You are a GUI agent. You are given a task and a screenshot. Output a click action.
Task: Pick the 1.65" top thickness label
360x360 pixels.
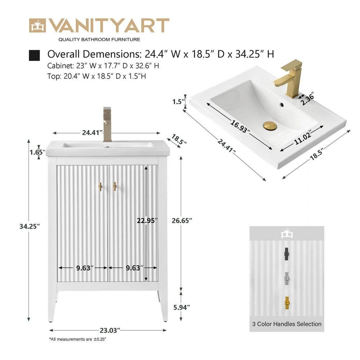(x=37, y=152)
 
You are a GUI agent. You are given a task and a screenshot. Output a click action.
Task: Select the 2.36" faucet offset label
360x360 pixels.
(x=308, y=98)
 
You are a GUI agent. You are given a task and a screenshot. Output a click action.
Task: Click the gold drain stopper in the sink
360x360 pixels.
(x=270, y=126)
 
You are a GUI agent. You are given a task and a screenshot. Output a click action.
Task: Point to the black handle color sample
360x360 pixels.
(x=287, y=253)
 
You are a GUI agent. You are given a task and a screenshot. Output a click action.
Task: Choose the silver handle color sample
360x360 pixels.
(x=287, y=278)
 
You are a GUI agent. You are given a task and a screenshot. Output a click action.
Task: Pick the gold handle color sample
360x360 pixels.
(x=287, y=303)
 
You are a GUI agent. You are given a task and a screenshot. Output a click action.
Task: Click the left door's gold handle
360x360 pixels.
(x=101, y=186)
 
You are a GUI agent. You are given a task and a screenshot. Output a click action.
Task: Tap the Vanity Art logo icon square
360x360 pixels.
(x=37, y=26)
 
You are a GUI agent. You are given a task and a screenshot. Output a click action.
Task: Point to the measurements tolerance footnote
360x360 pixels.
(x=78, y=339)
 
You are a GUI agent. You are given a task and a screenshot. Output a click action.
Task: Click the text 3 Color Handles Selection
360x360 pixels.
(x=287, y=324)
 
